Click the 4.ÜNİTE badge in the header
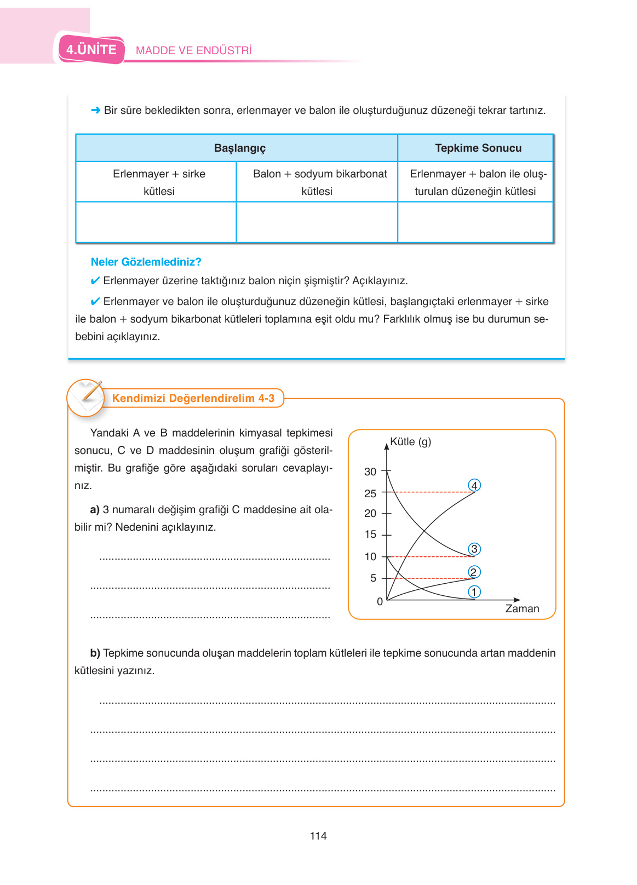pos(91,50)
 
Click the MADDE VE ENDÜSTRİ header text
pos(194,51)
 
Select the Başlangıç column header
pos(239,148)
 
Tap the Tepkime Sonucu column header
pos(478,148)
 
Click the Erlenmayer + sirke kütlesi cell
pos(159,182)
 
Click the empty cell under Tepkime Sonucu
pos(475,222)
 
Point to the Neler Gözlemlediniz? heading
pos(146,262)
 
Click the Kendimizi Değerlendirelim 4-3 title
pos(193,399)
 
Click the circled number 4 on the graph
pos(474,486)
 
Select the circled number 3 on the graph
pos(474,549)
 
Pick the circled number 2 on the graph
pos(474,572)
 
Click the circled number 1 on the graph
pos(474,592)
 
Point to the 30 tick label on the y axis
pos(370,472)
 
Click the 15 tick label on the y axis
pos(370,535)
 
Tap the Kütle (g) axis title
pos(410,442)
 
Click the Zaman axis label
pos(522,609)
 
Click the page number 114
pos(318,836)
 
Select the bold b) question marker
pos(95,653)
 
